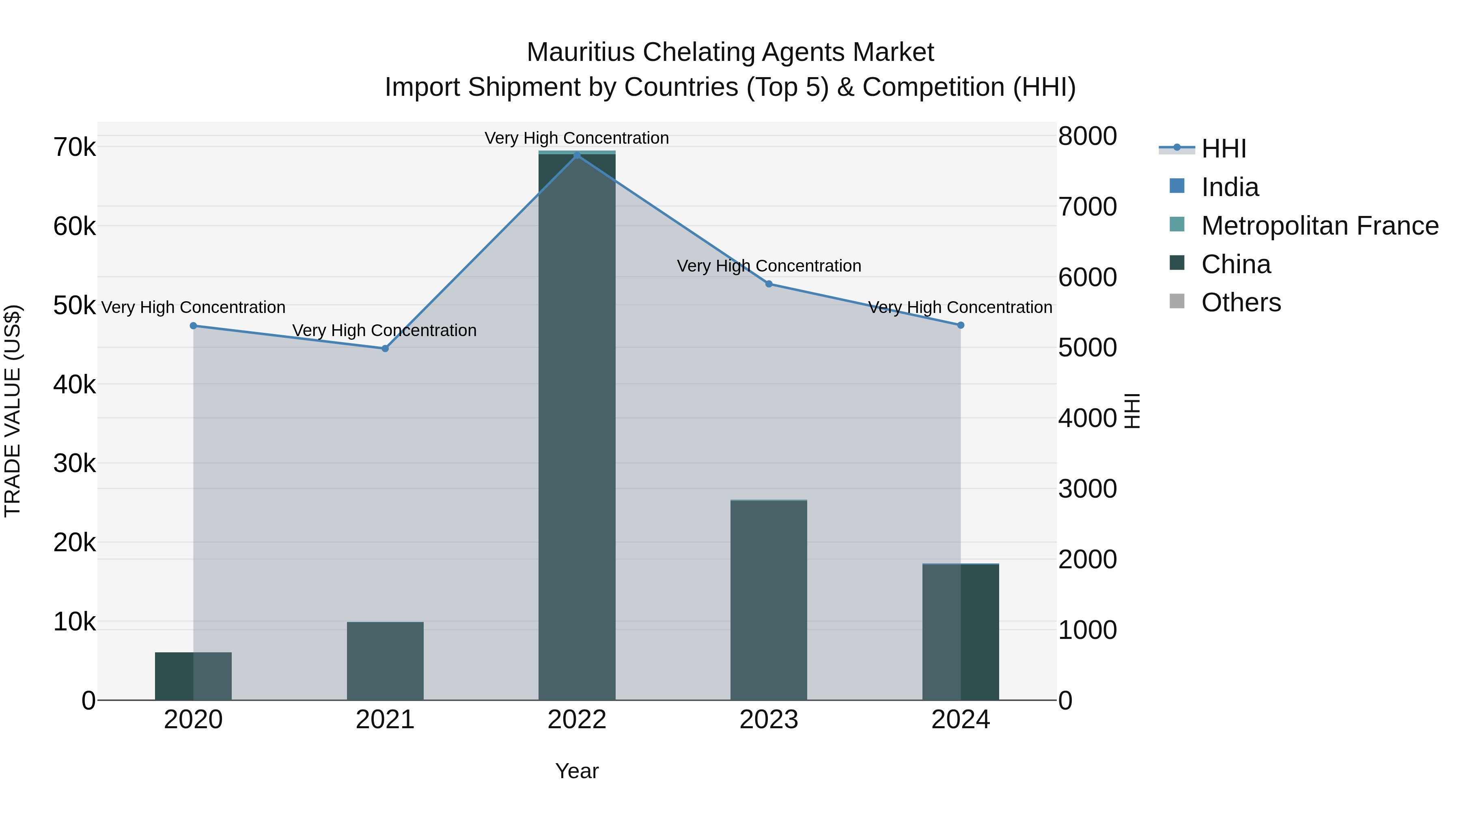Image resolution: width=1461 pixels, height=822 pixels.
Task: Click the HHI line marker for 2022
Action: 577,155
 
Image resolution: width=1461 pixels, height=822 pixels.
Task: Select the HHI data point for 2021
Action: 385,348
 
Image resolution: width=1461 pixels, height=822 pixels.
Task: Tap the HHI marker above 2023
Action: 769,284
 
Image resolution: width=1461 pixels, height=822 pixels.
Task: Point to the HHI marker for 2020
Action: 194,326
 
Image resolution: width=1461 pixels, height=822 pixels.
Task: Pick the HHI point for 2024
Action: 961,325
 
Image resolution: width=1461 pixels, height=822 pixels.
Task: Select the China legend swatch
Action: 1177,263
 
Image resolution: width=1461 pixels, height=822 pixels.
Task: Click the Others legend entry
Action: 1241,303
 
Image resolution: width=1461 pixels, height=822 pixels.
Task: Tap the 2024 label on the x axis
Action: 961,720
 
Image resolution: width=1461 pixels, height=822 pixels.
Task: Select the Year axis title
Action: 577,771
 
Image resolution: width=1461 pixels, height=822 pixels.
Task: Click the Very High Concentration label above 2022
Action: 577,138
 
